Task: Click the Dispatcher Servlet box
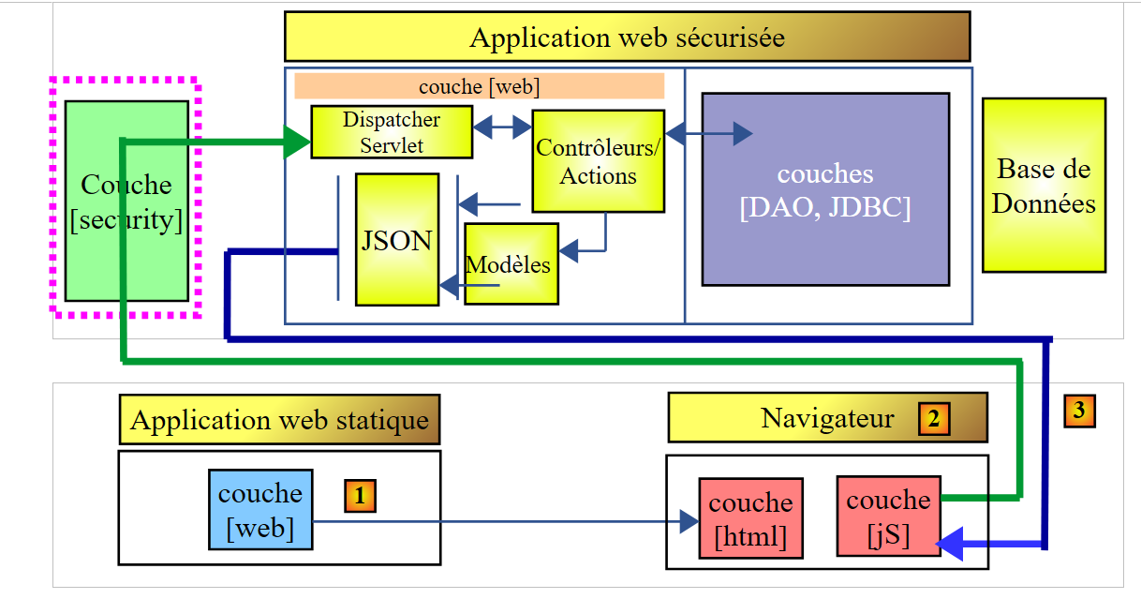coord(391,132)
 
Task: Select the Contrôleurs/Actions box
coord(598,161)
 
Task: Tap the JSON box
coord(396,240)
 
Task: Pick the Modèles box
coord(511,263)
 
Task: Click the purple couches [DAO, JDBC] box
coord(824,188)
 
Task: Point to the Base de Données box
coord(1043,186)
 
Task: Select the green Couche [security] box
coord(126,201)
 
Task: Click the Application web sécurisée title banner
coord(626,37)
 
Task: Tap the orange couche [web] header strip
coord(479,86)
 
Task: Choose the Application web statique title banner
coord(279,419)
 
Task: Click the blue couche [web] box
coord(260,509)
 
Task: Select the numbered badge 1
coord(360,495)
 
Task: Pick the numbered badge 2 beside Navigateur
coord(934,419)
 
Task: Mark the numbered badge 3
coord(1079,411)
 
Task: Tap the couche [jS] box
coord(888,515)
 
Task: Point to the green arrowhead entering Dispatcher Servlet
coord(297,142)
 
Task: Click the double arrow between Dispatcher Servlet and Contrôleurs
coord(502,127)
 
